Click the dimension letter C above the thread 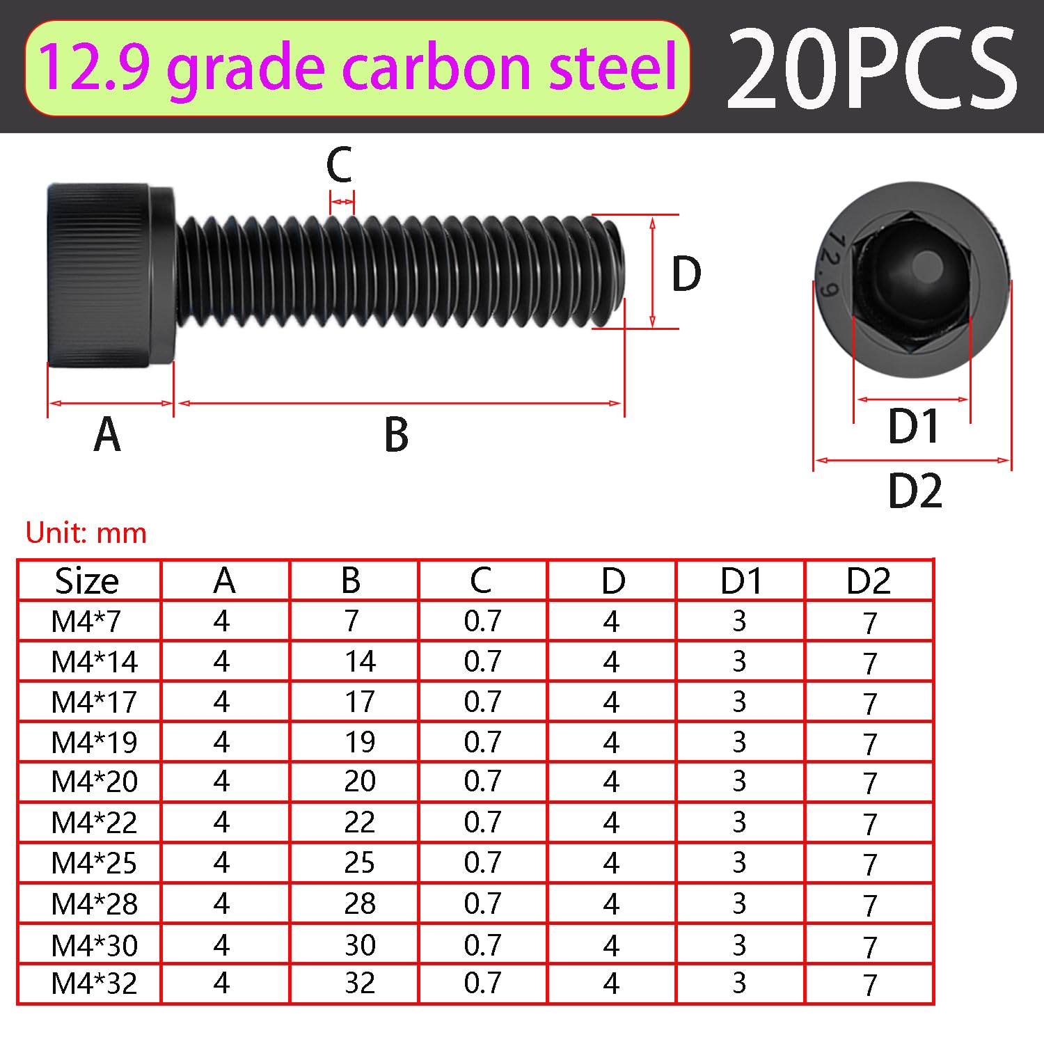[x=340, y=165]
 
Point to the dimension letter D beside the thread [x=686, y=274]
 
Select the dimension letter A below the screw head [x=107, y=434]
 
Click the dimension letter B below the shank [x=396, y=434]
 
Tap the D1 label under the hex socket [x=914, y=426]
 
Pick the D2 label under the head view [x=915, y=491]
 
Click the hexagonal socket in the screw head [x=912, y=280]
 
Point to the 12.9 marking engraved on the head [x=833, y=264]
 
